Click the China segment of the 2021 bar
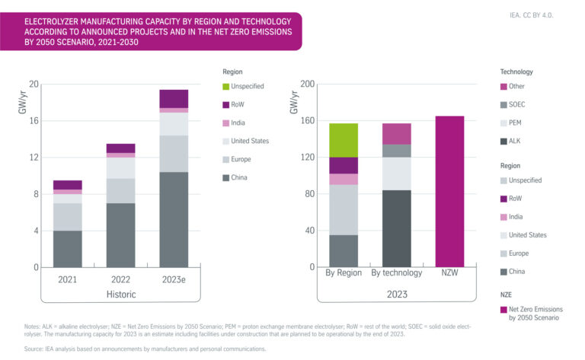click(x=67, y=249)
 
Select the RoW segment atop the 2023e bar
click(x=174, y=98)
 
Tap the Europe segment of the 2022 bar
click(x=120, y=190)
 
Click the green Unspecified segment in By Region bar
click(x=343, y=140)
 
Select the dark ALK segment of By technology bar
click(x=396, y=228)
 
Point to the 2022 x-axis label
click(x=120, y=279)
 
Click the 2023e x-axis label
click(x=174, y=279)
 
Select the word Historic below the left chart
click(x=120, y=294)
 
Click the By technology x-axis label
click(x=396, y=272)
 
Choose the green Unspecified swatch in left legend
click(x=225, y=87)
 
